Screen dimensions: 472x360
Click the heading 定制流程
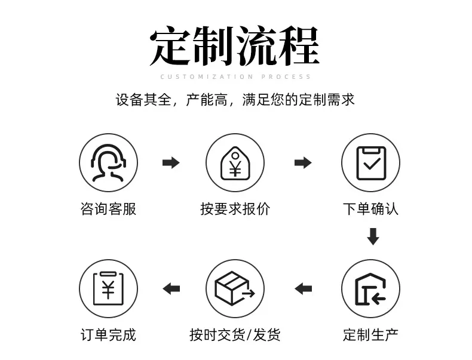tap(234, 46)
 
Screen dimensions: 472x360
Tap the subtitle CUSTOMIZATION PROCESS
tap(235, 77)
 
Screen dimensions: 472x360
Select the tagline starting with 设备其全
tap(235, 100)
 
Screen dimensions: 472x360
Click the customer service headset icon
tap(108, 163)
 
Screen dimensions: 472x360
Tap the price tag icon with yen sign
tap(235, 163)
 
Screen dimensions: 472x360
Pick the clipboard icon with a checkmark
tap(371, 163)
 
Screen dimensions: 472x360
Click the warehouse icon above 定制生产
tap(370, 289)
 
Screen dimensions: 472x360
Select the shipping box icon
tap(235, 288)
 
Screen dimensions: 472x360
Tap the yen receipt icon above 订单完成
tap(108, 288)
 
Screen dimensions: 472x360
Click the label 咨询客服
tap(108, 209)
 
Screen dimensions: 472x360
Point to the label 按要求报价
tap(235, 209)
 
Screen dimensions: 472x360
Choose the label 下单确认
tap(371, 209)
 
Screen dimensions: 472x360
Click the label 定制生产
tap(371, 335)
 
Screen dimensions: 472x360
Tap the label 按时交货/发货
tap(235, 335)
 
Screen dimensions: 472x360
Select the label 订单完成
tap(108, 335)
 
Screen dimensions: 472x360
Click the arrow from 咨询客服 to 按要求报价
tap(171, 163)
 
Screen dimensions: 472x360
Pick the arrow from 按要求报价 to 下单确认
tap(303, 163)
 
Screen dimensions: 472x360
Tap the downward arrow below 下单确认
tap(373, 236)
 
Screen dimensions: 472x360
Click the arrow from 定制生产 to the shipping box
tap(303, 289)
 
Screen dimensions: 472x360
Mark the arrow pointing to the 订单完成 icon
tap(171, 289)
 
